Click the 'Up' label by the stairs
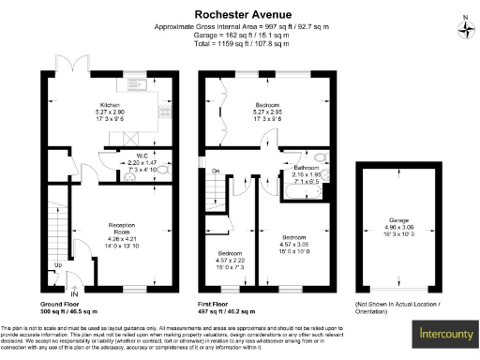point(58,265)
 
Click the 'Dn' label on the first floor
point(216,171)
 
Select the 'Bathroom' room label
point(307,168)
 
